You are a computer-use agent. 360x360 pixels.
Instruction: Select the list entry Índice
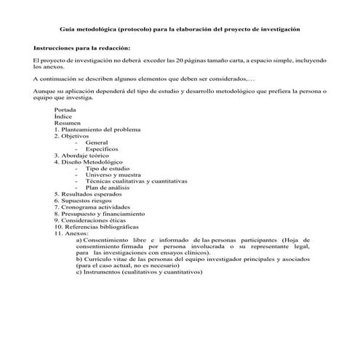click(63, 116)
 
